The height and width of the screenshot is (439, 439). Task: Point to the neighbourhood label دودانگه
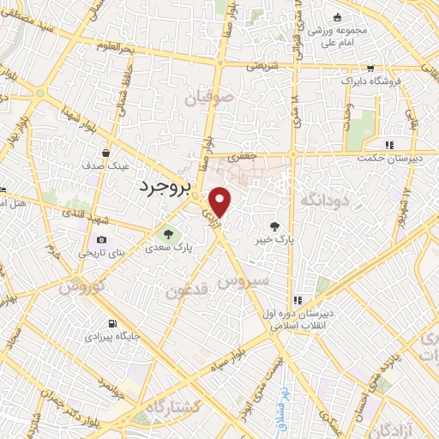tap(325, 200)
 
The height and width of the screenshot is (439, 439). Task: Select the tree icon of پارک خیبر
tap(274, 226)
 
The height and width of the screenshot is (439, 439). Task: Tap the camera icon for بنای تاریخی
tap(102, 239)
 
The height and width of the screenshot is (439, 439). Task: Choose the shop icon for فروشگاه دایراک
tap(370, 68)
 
